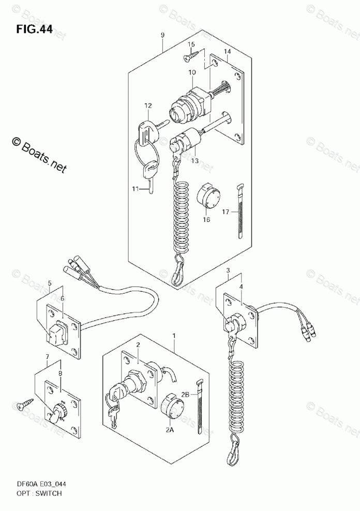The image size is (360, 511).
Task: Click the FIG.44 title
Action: click(x=34, y=29)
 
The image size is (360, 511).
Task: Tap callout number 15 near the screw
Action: click(x=191, y=45)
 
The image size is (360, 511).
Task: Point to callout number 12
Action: click(x=148, y=106)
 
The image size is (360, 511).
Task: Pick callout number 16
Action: click(x=206, y=219)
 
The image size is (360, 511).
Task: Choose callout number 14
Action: click(x=227, y=51)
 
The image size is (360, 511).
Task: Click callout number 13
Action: click(x=194, y=161)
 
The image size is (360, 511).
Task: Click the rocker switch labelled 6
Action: click(x=58, y=333)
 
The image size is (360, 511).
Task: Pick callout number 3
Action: click(x=228, y=270)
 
